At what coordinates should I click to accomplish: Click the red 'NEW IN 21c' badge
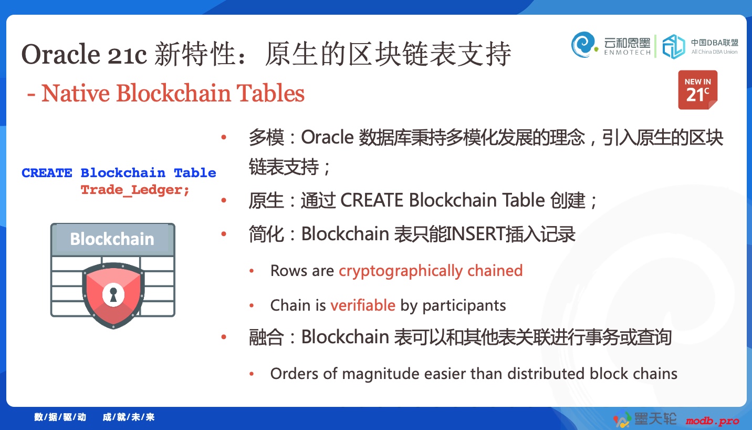pyautogui.click(x=697, y=90)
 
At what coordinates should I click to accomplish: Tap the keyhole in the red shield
pyautogui.click(x=113, y=294)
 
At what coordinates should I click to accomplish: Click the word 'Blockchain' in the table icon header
pyautogui.click(x=112, y=239)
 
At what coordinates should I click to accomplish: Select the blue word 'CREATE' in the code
pyautogui.click(x=47, y=173)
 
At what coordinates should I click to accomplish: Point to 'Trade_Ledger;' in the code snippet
pyautogui.click(x=135, y=190)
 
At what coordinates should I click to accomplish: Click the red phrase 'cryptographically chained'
pyautogui.click(x=431, y=271)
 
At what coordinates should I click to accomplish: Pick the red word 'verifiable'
pyautogui.click(x=363, y=305)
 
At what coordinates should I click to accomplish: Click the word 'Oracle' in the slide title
pyautogui.click(x=61, y=55)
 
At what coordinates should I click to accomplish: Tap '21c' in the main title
pyautogui.click(x=127, y=55)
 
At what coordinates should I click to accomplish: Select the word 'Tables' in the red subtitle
pyautogui.click(x=270, y=93)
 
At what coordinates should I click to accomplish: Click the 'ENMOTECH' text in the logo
pyautogui.click(x=627, y=53)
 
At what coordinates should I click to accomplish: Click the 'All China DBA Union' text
pyautogui.click(x=714, y=52)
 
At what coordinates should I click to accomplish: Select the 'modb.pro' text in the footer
pyautogui.click(x=713, y=420)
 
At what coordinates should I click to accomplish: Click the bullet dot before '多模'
pyautogui.click(x=224, y=137)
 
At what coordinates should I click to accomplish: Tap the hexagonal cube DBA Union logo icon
pyautogui.click(x=673, y=47)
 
